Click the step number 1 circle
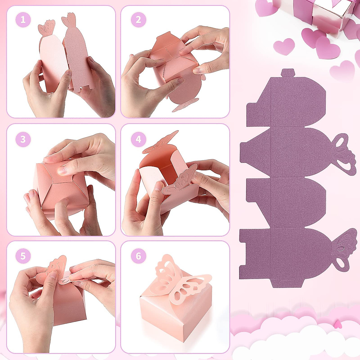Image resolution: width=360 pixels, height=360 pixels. pos(23,20)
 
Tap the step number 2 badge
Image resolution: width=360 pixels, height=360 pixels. pos(138,20)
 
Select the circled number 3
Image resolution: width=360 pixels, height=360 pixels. pos(23,139)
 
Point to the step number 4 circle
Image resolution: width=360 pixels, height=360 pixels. pos(138,139)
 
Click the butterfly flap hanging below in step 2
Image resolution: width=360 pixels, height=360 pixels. pos(186,104)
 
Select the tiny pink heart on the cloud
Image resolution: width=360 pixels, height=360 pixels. pos(338,324)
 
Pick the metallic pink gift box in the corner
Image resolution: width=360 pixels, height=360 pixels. pos(315,15)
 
